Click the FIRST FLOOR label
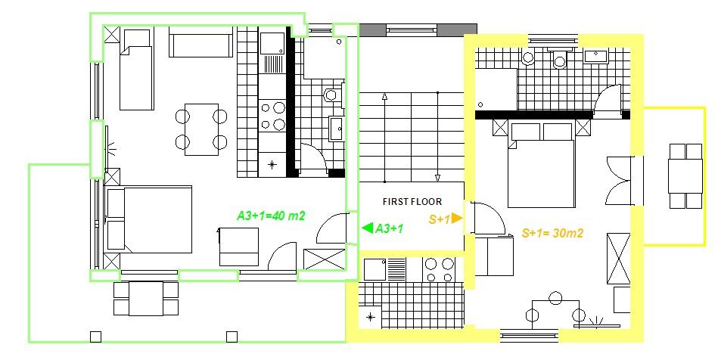412,201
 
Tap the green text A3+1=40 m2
271,216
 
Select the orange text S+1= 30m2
553,233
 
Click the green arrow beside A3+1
367,228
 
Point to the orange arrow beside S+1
456,219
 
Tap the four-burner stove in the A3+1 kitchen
272,116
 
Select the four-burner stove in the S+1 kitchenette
439,270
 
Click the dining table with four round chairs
201,129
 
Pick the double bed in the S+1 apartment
541,165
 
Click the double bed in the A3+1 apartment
148,219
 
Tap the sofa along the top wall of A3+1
200,42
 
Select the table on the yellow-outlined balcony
685,176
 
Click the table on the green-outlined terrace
146,299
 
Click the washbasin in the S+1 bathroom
595,56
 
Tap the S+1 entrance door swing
487,218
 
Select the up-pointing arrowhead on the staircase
384,96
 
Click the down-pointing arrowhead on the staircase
438,178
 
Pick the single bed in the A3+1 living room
136,70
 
